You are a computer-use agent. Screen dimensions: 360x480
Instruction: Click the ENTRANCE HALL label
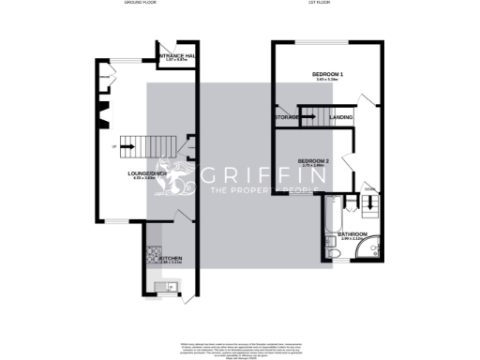(x=178, y=57)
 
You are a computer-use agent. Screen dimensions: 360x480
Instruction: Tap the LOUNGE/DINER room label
(x=147, y=173)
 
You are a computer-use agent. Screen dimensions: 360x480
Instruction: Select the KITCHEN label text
(x=171, y=258)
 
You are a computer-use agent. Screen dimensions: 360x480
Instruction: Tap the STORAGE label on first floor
(x=286, y=117)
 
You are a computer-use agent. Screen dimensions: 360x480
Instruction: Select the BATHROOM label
(x=352, y=233)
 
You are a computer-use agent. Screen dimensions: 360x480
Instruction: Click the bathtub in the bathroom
(x=332, y=226)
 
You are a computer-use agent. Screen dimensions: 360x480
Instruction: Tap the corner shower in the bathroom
(x=373, y=243)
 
